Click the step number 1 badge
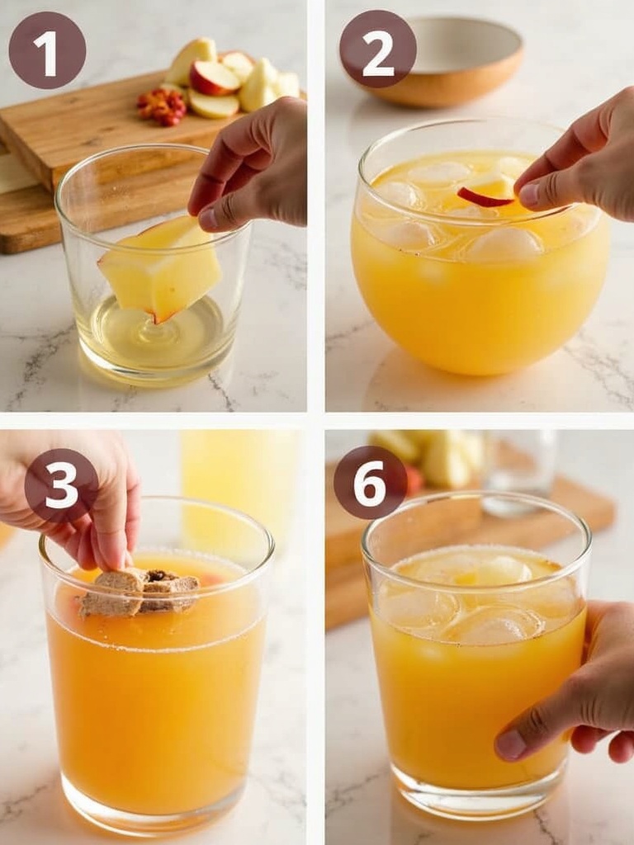(x=47, y=50)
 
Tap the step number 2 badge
(x=377, y=49)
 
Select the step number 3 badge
(x=61, y=485)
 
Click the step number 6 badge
(x=370, y=482)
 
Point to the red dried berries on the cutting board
(x=162, y=106)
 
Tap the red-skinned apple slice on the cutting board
(x=214, y=78)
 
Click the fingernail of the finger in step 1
(x=207, y=218)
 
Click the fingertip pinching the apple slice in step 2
(x=529, y=194)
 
